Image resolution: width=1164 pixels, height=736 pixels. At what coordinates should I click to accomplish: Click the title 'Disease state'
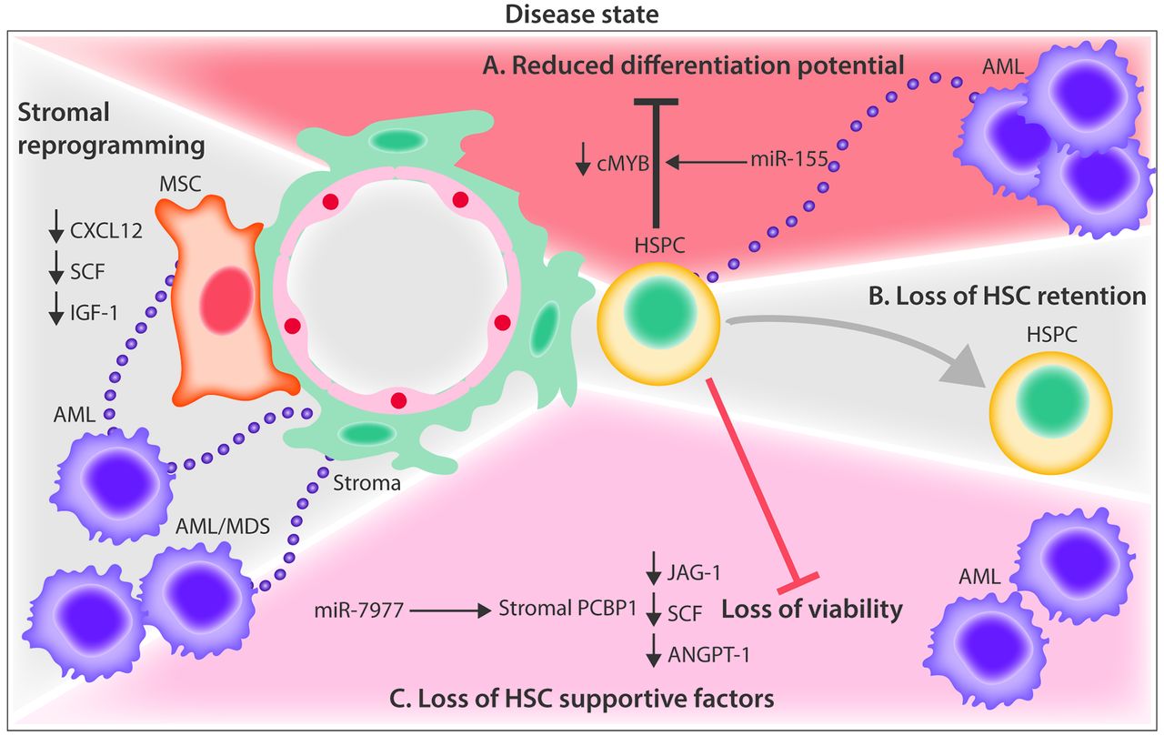coord(582,14)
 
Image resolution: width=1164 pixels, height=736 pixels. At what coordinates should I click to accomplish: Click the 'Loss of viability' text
coord(811,610)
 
